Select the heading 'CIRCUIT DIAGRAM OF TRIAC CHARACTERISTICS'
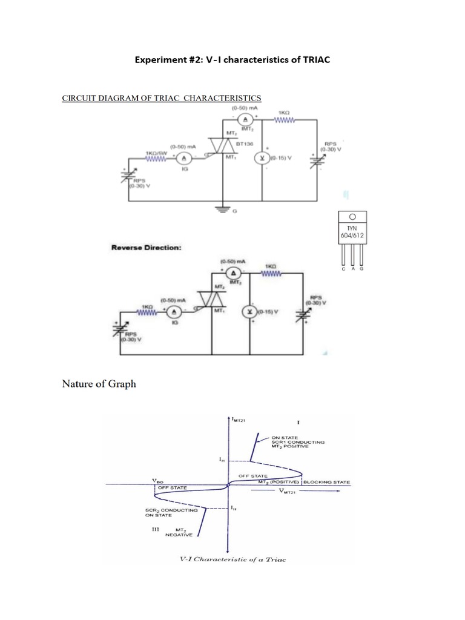point(162,97)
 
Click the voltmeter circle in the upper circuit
point(262,157)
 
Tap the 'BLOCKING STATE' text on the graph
point(326,482)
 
